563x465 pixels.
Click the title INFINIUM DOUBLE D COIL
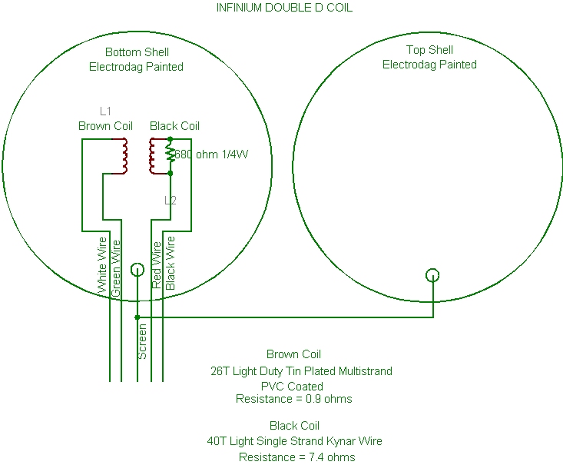[x=284, y=8]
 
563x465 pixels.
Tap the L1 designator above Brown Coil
[x=105, y=111]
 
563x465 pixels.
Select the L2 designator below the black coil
[x=171, y=200]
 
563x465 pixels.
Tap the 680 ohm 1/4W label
[x=212, y=154]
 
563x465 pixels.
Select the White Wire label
[x=103, y=265]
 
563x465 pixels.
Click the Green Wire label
[x=116, y=268]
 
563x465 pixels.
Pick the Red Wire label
[x=157, y=265]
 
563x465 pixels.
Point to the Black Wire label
[x=170, y=263]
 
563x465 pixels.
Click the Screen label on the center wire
[x=143, y=341]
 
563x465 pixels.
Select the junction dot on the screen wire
[x=137, y=317]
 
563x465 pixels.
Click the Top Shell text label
[x=429, y=50]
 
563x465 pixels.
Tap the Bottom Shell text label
[x=137, y=52]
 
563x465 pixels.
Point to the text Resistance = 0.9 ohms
[x=293, y=399]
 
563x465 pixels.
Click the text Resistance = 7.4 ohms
[x=297, y=457]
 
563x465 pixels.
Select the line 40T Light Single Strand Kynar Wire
[x=294, y=441]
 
